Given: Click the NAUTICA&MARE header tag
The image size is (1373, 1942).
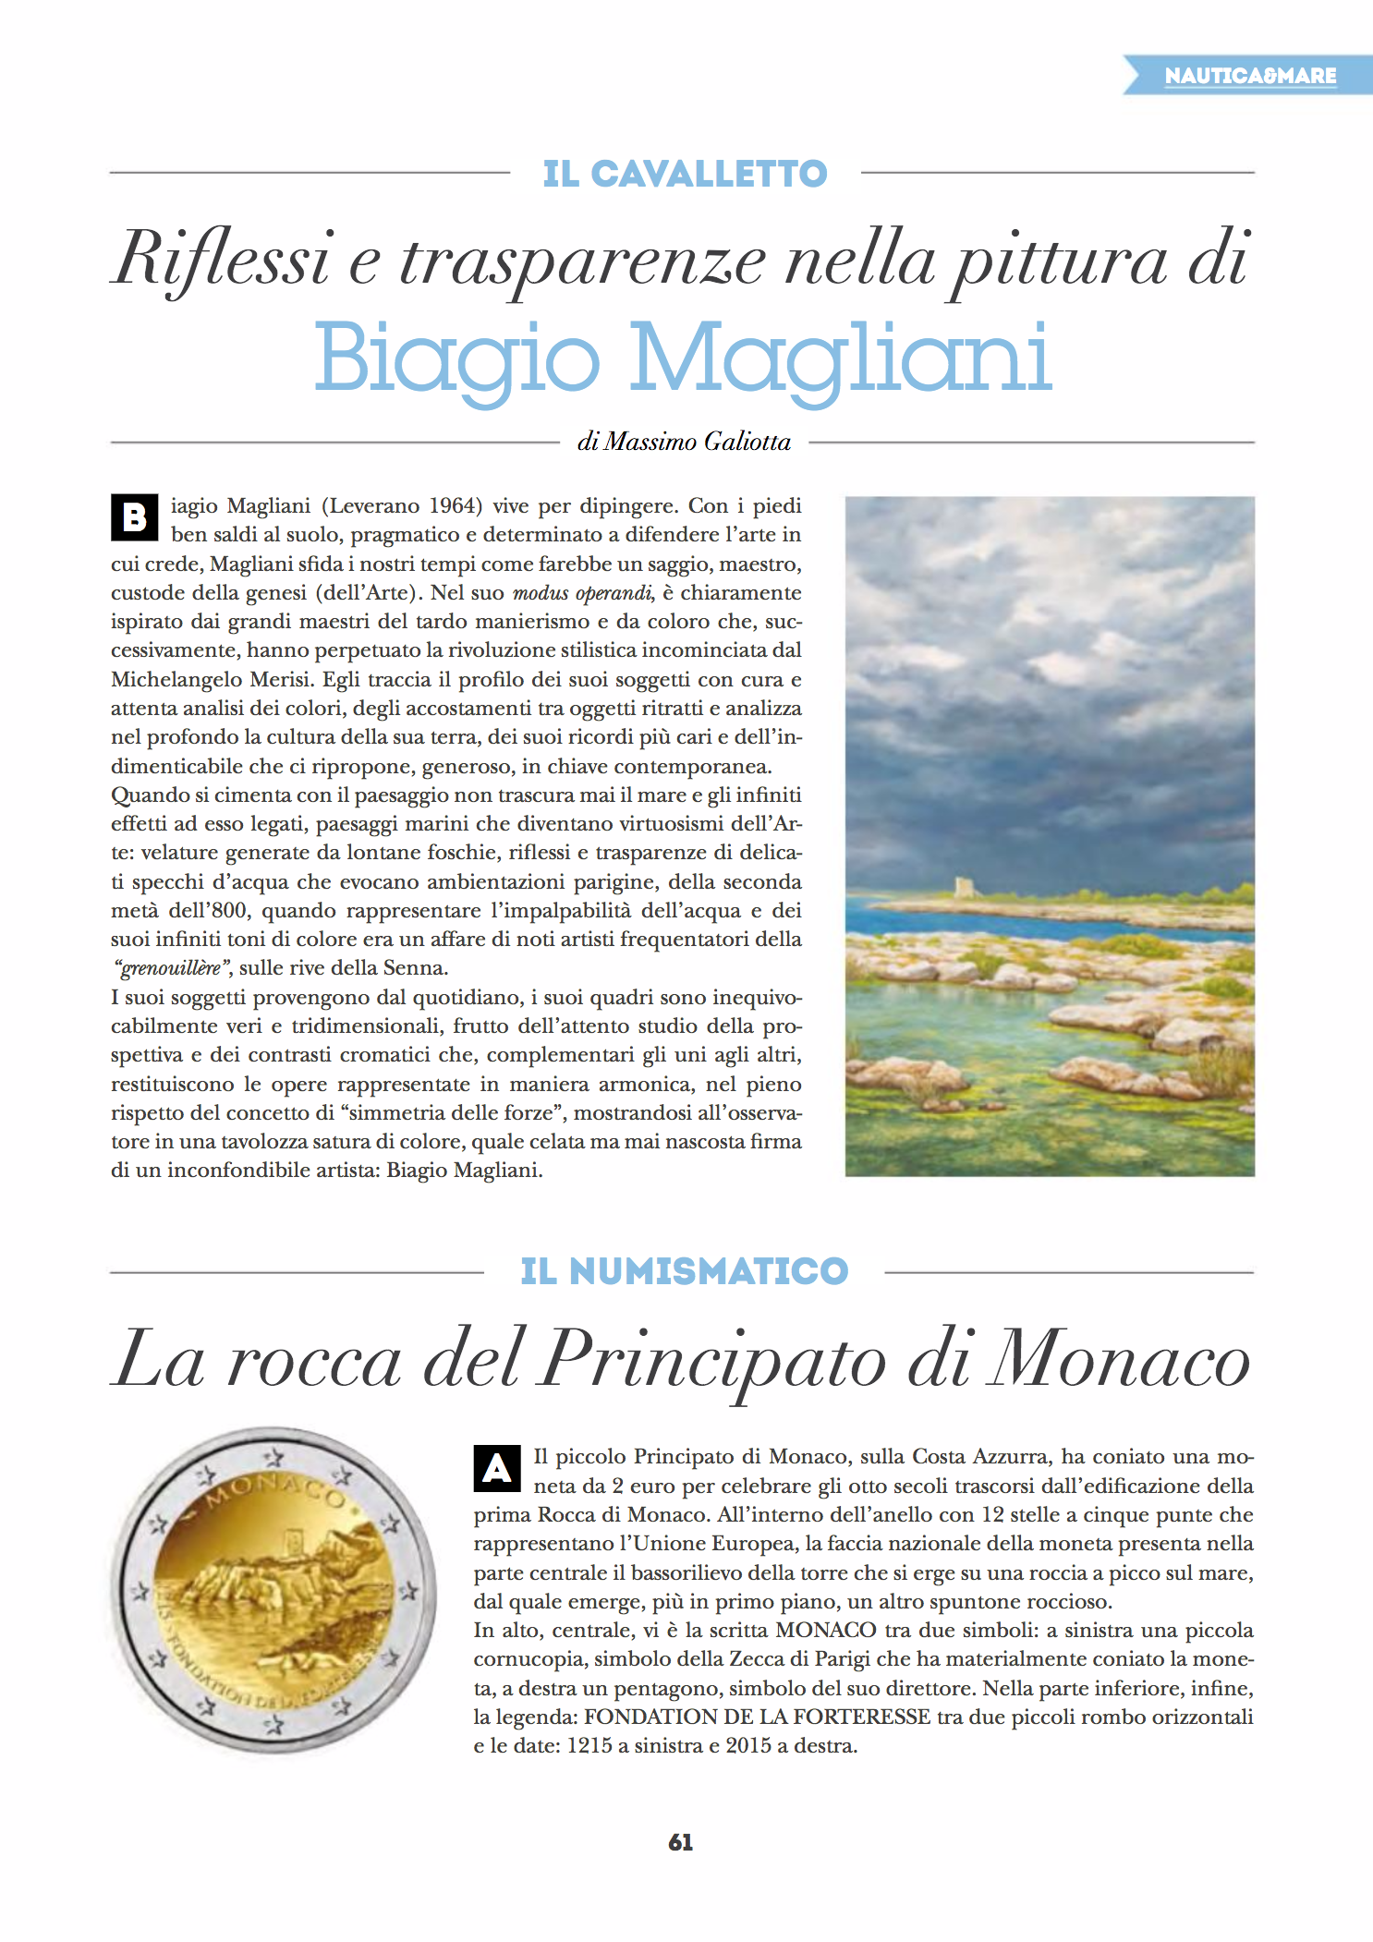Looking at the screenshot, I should coord(1249,76).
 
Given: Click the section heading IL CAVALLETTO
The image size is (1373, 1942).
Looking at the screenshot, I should coord(685,174).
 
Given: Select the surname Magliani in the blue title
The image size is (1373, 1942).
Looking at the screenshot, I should coord(840,358).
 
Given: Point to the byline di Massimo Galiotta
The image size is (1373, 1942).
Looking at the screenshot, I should coord(684,442).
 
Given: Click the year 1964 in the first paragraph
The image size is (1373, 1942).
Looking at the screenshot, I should coord(456,505).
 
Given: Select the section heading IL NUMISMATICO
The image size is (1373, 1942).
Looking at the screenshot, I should coord(684,1271).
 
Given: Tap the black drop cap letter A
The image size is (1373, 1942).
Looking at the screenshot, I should coord(497,1467).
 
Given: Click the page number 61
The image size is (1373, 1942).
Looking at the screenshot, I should coord(680,1842).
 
